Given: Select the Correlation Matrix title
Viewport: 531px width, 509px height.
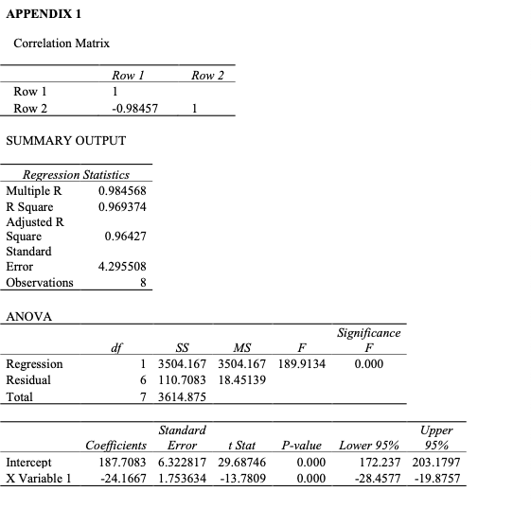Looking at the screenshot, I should pyautogui.click(x=62, y=44).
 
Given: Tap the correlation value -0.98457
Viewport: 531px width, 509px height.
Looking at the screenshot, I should pyautogui.click(x=134, y=109).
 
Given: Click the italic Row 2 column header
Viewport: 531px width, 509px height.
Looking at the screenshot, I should pyautogui.click(x=207, y=75).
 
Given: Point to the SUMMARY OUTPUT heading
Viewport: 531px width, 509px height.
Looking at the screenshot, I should pyautogui.click(x=65, y=141).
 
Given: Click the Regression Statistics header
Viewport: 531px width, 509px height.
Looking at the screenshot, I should pyautogui.click(x=75, y=175).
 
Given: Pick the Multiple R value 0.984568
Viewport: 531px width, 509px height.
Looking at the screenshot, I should pyautogui.click(x=122, y=190).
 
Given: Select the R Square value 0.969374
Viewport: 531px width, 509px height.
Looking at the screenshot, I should pyautogui.click(x=122, y=206).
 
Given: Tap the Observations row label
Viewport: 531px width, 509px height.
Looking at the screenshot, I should pyautogui.click(x=40, y=282).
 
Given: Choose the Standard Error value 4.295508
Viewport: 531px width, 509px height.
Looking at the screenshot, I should pyautogui.click(x=122, y=267).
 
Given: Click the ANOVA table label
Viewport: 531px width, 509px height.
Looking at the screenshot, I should pyautogui.click(x=29, y=316).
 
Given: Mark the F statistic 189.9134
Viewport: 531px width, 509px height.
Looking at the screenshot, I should pyautogui.click(x=303, y=363).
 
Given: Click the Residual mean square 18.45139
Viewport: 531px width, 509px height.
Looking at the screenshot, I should pyautogui.click(x=242, y=379).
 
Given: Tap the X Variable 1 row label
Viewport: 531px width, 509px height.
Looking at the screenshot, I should pyautogui.click(x=39, y=478).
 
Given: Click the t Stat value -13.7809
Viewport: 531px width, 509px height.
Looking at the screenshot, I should pyautogui.click(x=242, y=478).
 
